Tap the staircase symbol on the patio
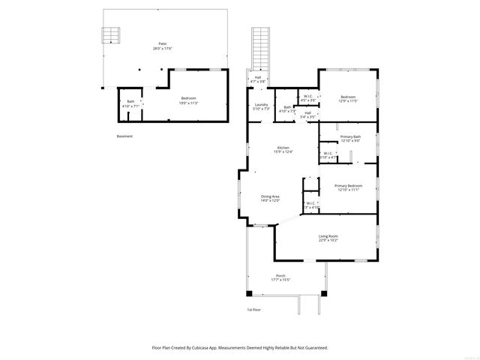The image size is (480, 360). (x=111, y=35)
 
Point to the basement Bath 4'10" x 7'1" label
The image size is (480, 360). (x=130, y=103)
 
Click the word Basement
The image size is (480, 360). (x=124, y=136)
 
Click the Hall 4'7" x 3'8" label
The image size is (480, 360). (x=257, y=79)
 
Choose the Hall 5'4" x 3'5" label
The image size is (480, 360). (x=307, y=115)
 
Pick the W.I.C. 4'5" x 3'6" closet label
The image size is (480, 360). (x=308, y=97)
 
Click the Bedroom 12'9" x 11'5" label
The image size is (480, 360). (x=348, y=98)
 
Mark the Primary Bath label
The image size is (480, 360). (x=350, y=138)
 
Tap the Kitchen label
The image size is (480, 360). (x=283, y=149)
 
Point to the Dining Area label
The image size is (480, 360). (x=270, y=199)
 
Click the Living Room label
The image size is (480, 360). (x=328, y=238)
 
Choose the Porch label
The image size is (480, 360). (x=280, y=277)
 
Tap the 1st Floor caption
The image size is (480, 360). (x=253, y=309)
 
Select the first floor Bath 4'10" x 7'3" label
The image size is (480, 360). (x=288, y=109)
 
